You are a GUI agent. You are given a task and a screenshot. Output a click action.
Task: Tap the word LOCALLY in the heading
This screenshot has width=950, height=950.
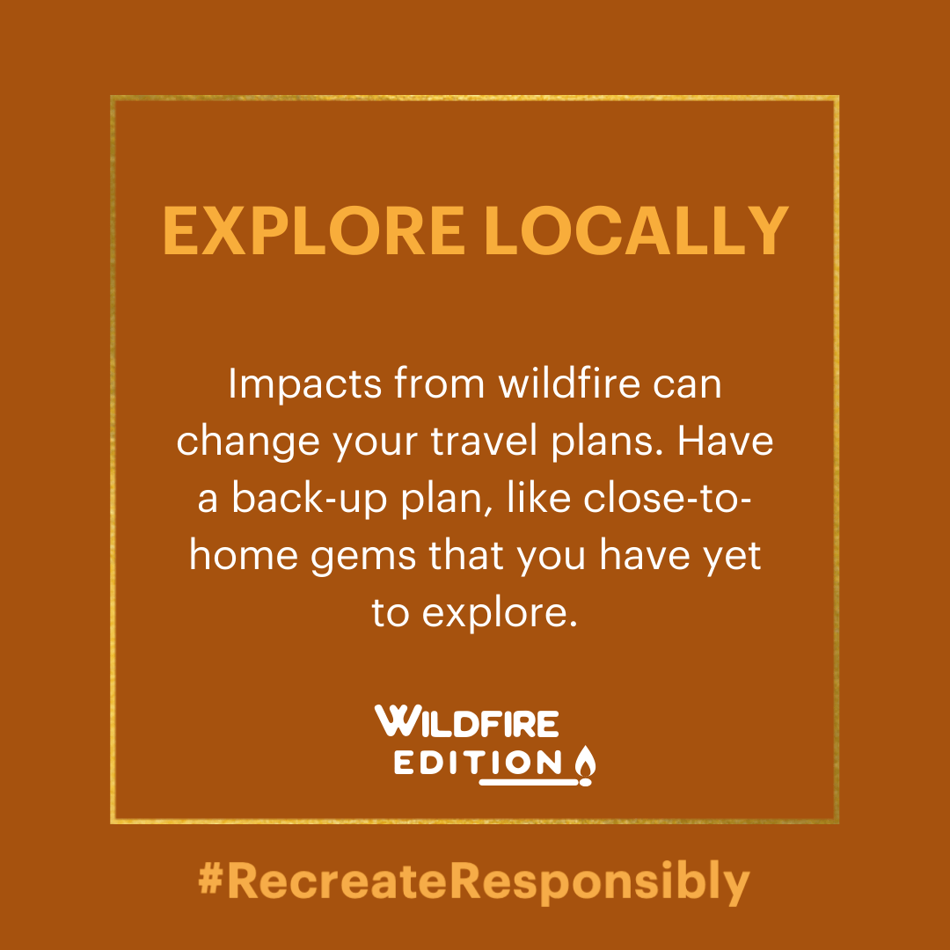(x=636, y=230)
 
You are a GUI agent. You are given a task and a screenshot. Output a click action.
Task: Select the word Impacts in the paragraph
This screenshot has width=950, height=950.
(x=304, y=384)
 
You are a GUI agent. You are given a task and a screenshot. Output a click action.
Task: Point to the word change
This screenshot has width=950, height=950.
(x=248, y=442)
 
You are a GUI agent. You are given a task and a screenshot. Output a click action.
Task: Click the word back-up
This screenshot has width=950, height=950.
(x=309, y=499)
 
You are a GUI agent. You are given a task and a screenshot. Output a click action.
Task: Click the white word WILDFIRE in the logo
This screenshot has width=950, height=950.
(x=466, y=721)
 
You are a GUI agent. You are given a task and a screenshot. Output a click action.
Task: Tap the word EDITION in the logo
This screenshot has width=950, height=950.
(x=478, y=764)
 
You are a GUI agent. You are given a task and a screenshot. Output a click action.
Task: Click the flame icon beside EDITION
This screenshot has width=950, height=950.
(x=585, y=765)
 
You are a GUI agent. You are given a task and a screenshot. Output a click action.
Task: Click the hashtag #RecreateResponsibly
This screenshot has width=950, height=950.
(x=474, y=882)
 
